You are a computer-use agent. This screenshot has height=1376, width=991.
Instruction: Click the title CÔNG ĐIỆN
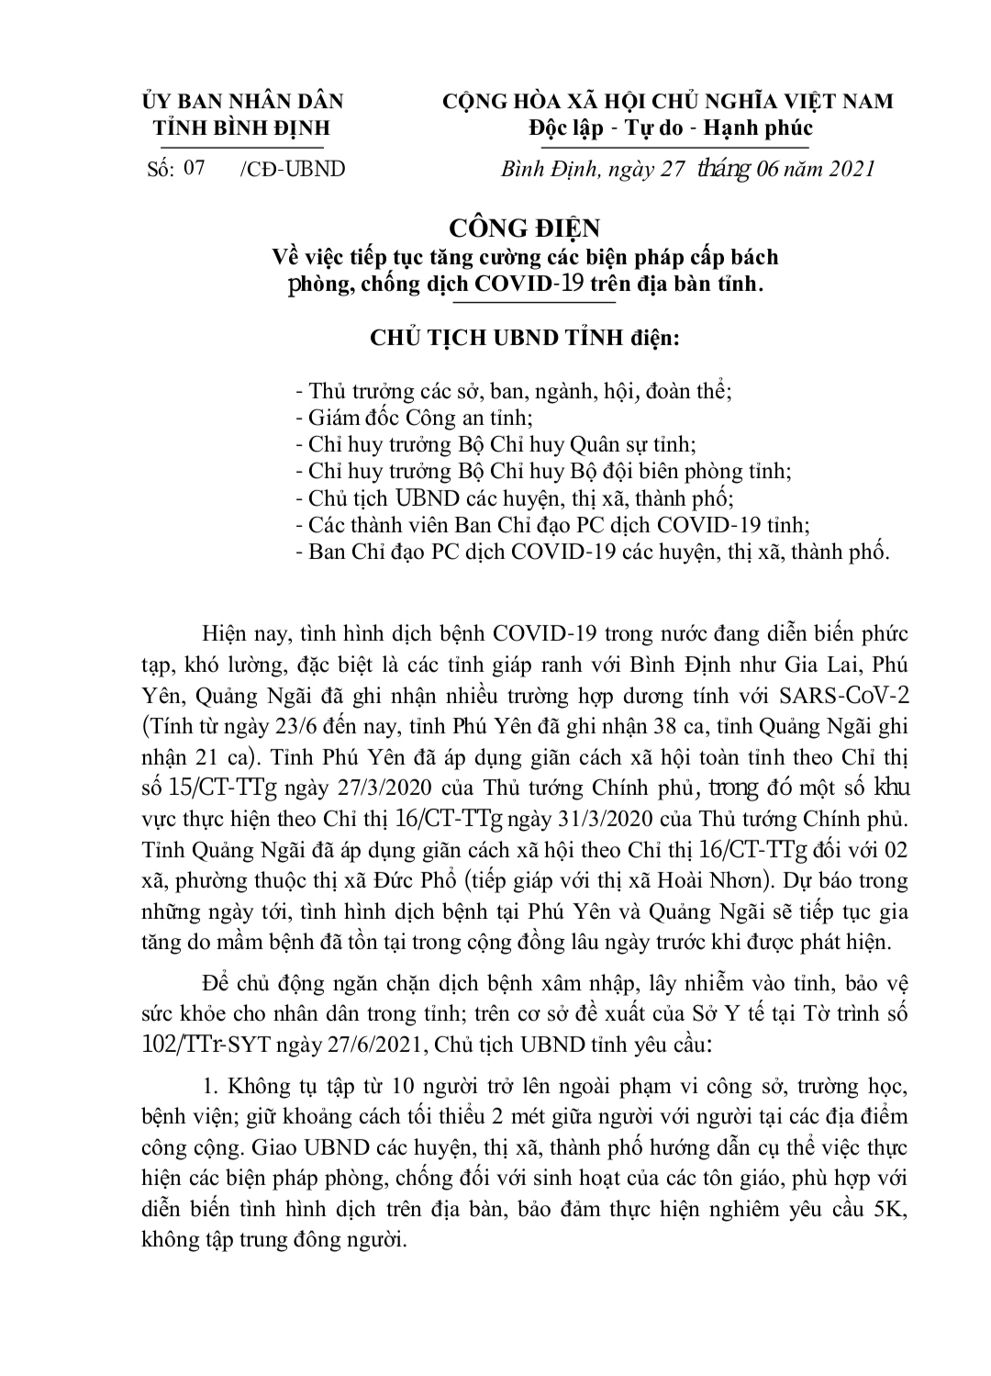click(524, 227)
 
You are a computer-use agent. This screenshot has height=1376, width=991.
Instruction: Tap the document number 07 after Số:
click(194, 168)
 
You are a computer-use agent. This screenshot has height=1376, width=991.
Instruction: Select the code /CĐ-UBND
click(291, 169)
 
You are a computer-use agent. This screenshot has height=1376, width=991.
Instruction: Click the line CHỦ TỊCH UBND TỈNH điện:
click(524, 338)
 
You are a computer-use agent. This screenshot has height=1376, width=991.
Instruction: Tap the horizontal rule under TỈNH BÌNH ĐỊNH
click(241, 147)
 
